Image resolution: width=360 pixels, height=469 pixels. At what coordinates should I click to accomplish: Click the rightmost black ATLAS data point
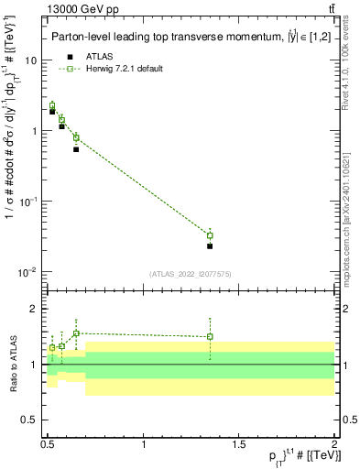click(210, 245)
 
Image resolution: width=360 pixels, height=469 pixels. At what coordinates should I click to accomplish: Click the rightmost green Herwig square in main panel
click(210, 235)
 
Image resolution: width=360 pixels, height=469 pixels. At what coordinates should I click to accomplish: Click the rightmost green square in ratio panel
click(210, 336)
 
